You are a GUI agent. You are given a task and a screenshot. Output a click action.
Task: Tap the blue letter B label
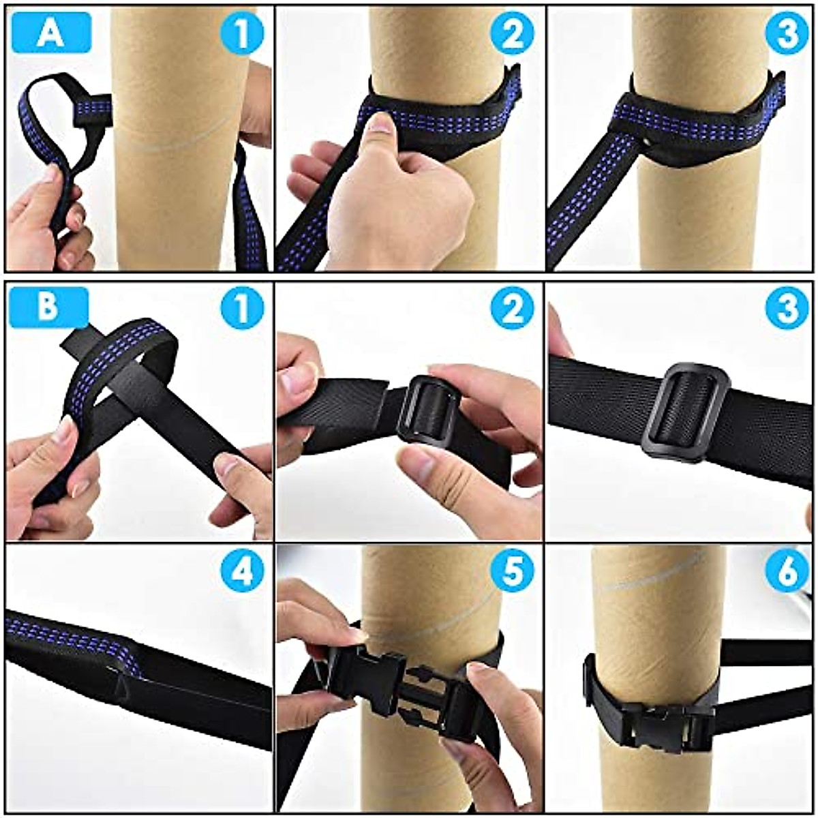(48, 308)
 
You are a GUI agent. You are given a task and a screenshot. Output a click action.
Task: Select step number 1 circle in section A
(242, 33)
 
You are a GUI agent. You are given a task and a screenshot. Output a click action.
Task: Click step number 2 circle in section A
(512, 33)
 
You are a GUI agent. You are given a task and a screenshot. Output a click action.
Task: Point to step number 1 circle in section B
(242, 308)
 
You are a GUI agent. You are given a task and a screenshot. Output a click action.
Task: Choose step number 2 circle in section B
(512, 308)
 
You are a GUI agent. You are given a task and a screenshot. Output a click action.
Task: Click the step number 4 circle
(242, 573)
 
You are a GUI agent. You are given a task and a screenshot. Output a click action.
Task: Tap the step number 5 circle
(512, 573)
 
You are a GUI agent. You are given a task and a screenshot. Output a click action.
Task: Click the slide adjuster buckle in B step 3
(685, 410)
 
